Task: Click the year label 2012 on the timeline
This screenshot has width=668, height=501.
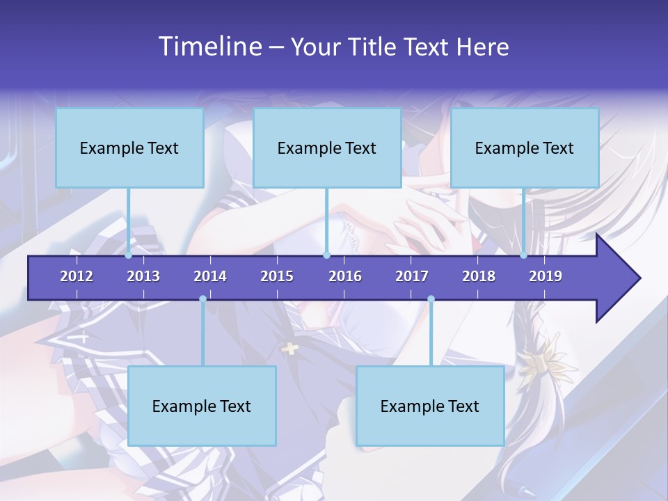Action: coord(77,276)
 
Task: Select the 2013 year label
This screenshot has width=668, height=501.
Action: coord(143,276)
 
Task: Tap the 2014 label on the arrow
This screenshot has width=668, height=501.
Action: coord(210,276)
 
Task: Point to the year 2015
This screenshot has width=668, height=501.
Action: coord(277,276)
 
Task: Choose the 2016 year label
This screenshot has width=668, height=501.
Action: coord(345,276)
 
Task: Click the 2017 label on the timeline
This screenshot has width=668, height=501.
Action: coord(412,276)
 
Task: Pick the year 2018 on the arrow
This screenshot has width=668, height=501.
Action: coord(479,276)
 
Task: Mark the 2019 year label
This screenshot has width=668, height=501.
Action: coord(546,276)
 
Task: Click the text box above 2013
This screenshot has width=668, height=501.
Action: coord(129,148)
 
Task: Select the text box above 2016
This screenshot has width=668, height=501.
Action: coord(327,148)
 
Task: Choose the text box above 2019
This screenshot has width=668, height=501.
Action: coord(525,148)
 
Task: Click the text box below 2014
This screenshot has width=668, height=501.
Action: coord(202,406)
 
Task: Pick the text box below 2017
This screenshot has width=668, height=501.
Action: coord(430,406)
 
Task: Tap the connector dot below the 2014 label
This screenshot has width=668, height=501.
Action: coord(202,299)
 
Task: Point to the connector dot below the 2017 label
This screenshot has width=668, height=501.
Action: coord(431,299)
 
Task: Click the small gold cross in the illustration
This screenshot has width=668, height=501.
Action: coord(289,348)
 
